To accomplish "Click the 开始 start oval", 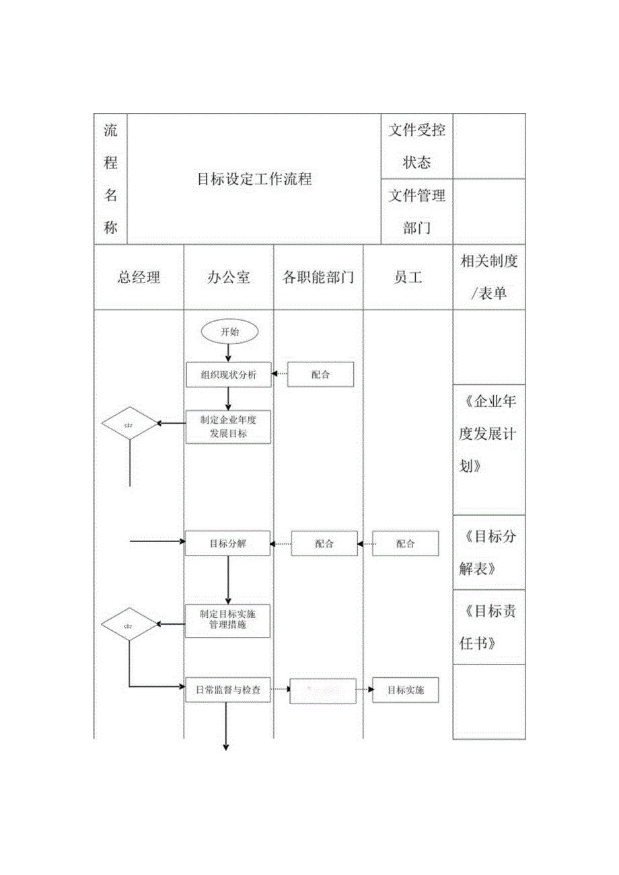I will tap(229, 332).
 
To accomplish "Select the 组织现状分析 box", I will tap(229, 375).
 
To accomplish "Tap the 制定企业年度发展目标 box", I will tap(229, 426).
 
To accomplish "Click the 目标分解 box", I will tap(229, 543).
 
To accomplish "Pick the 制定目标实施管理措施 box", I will tap(229, 619).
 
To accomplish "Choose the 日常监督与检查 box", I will tap(229, 690).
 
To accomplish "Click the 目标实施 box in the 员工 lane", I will tap(405, 690).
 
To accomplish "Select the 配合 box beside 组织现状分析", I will tap(320, 375).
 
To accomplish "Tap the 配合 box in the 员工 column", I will tap(405, 543).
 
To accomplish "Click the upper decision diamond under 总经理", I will tap(129, 424).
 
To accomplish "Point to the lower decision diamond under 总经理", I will tap(129, 625).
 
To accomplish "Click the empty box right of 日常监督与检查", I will tap(323, 691).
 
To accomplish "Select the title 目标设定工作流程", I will tap(254, 179).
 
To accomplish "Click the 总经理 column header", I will tap(139, 277).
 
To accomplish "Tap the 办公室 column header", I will tap(229, 277).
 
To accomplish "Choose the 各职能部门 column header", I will tap(318, 277).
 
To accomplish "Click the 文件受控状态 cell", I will tap(416, 146).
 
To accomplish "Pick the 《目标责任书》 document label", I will tap(489, 627).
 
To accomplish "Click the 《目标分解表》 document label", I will tap(489, 552).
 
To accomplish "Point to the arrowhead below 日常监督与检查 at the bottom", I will tap(226, 747).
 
